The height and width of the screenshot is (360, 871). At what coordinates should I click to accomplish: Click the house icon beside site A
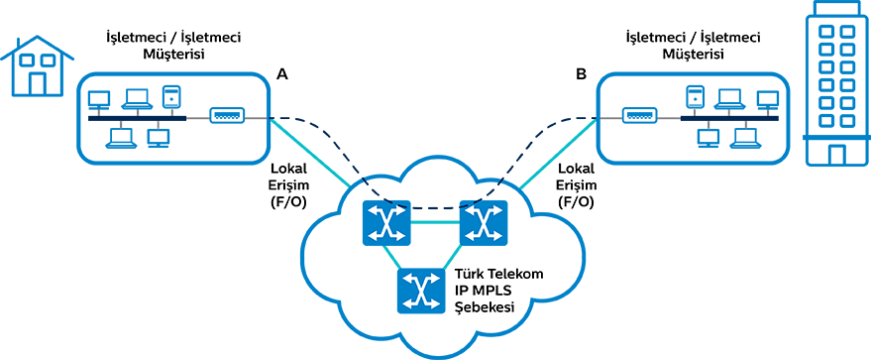click(37, 66)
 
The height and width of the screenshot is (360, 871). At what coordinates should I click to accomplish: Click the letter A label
click(282, 74)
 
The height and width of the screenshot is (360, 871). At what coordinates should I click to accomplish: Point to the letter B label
click(581, 74)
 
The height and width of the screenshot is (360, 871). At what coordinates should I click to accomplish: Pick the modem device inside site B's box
click(639, 116)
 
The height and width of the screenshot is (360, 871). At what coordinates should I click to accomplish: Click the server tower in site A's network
click(170, 96)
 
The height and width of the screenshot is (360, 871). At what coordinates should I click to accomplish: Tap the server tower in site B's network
click(694, 96)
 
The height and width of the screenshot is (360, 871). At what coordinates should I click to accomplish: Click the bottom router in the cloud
click(421, 291)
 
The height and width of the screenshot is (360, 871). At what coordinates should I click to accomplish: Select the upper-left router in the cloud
click(386, 223)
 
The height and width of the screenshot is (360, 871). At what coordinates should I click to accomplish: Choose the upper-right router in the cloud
click(484, 223)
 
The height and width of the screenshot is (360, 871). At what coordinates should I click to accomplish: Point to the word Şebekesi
click(484, 307)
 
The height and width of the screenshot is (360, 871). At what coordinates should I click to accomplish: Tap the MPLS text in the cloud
click(491, 291)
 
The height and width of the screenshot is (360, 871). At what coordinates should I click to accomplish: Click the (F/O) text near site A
click(289, 202)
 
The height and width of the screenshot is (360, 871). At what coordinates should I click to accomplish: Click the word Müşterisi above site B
click(693, 55)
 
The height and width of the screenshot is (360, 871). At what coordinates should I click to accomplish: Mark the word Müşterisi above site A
click(173, 55)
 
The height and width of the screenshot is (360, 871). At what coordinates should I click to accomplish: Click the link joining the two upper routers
click(435, 223)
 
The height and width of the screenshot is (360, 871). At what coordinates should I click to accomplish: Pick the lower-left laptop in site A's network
click(122, 138)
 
